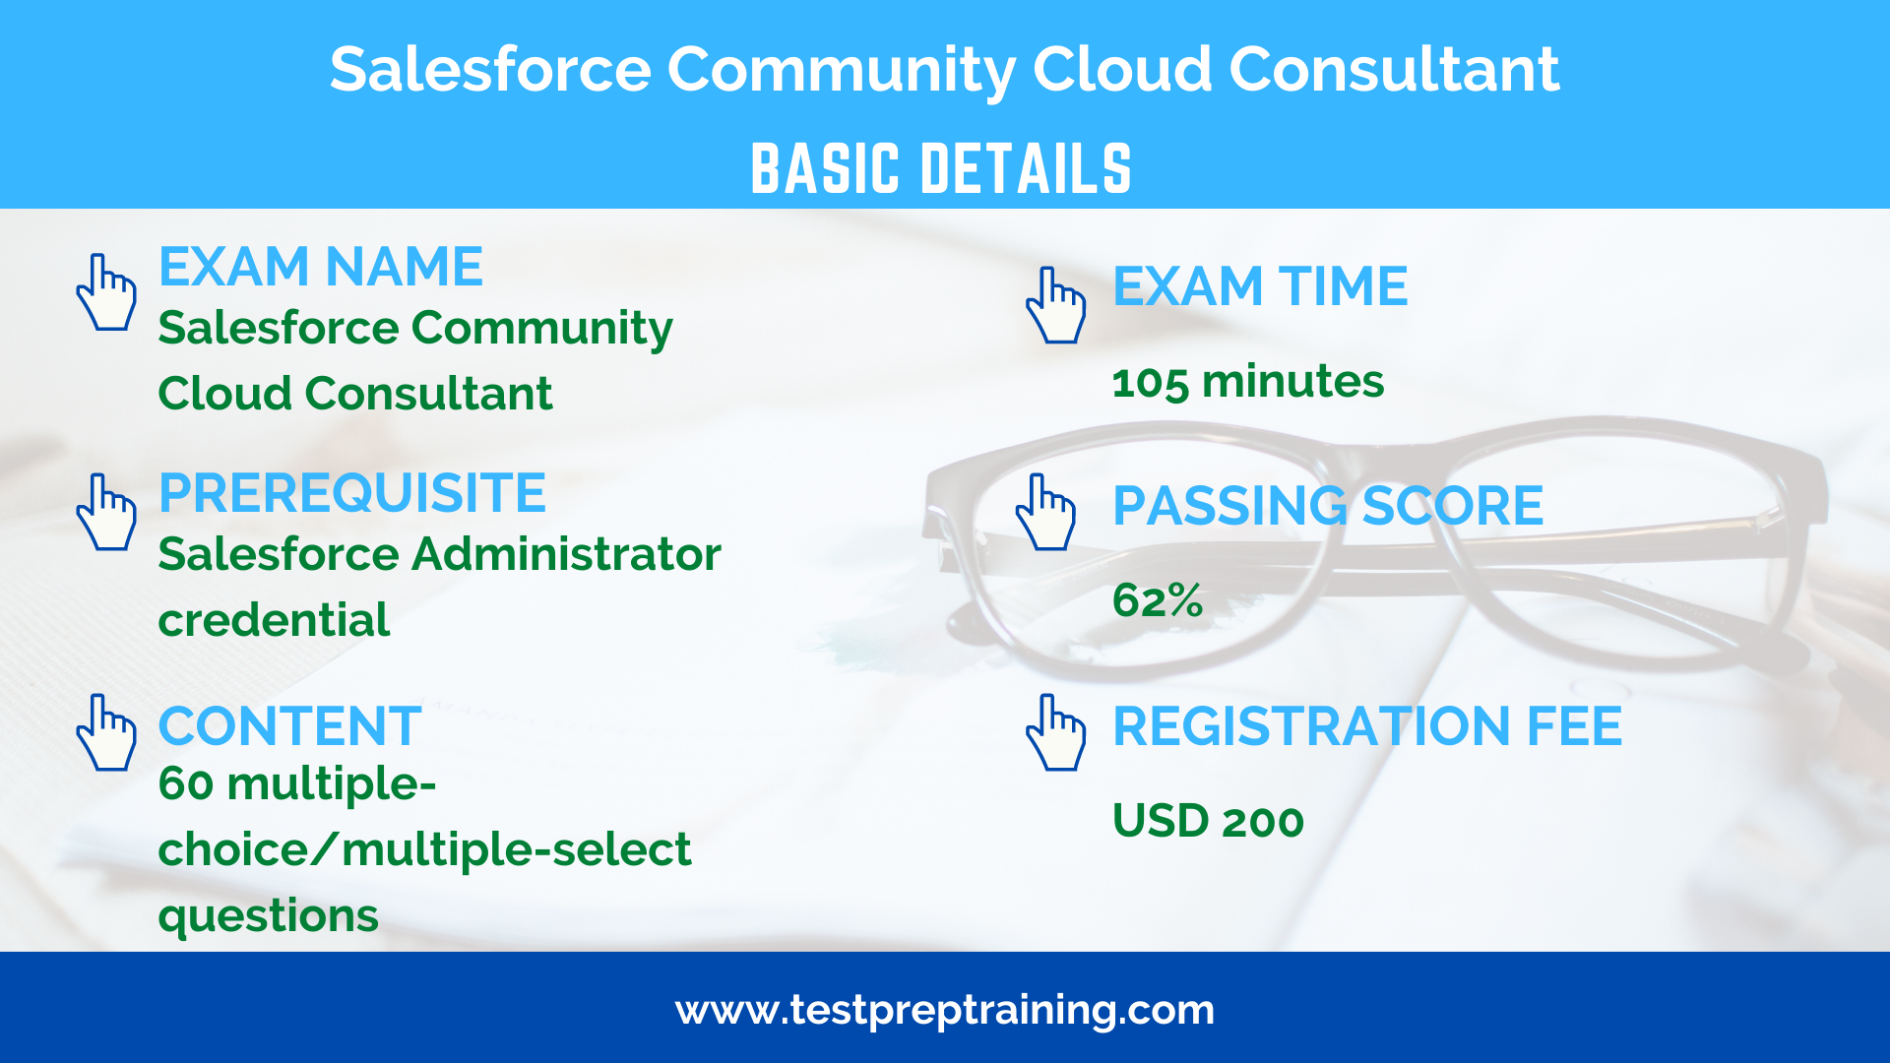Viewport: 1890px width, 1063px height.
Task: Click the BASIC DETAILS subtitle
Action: click(x=941, y=168)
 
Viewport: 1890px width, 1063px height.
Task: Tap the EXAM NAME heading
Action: click(x=321, y=267)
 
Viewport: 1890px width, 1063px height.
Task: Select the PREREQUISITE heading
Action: click(x=352, y=493)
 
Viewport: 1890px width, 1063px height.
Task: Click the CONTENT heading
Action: click(x=289, y=726)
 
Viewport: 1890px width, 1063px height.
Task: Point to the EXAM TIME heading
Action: click(x=1260, y=286)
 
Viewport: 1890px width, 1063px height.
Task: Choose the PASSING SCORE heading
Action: click(x=1328, y=506)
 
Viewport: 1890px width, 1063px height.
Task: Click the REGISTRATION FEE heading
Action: click(x=1367, y=726)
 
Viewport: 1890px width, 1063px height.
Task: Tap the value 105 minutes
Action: click(x=1247, y=382)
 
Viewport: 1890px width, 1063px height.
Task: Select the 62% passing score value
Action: click(x=1158, y=600)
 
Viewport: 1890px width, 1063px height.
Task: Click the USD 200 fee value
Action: click(x=1208, y=821)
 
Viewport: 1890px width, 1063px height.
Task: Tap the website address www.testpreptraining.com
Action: click(x=945, y=1011)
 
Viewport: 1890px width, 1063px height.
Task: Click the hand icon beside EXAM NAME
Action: click(x=106, y=292)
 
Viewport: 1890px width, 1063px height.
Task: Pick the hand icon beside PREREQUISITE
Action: click(x=106, y=512)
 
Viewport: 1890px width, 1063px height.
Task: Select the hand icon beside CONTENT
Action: click(x=106, y=732)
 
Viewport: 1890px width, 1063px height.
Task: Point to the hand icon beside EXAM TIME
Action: click(x=1056, y=305)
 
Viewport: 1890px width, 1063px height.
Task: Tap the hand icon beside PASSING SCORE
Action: click(x=1046, y=512)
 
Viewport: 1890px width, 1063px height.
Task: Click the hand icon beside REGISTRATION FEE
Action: click(x=1056, y=732)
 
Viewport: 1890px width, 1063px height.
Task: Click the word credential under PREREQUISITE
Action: click(x=274, y=620)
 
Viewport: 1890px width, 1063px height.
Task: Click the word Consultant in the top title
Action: click(x=1394, y=70)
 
